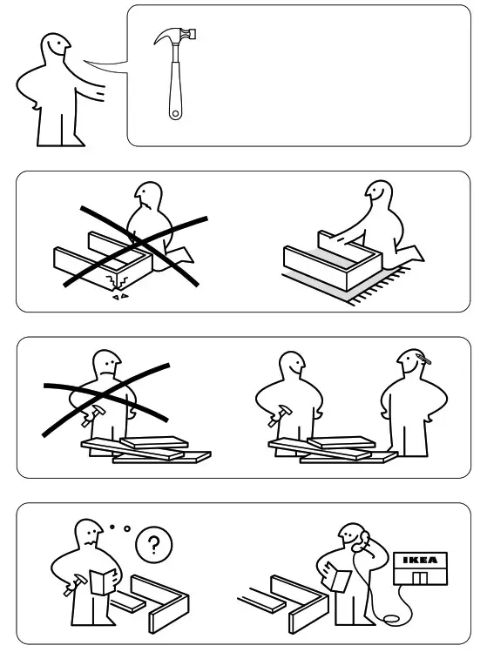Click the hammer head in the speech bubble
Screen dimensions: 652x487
(x=175, y=37)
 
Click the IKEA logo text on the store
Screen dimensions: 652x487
(x=419, y=560)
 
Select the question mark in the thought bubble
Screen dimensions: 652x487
(x=154, y=546)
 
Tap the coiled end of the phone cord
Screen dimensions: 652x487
(x=392, y=619)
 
